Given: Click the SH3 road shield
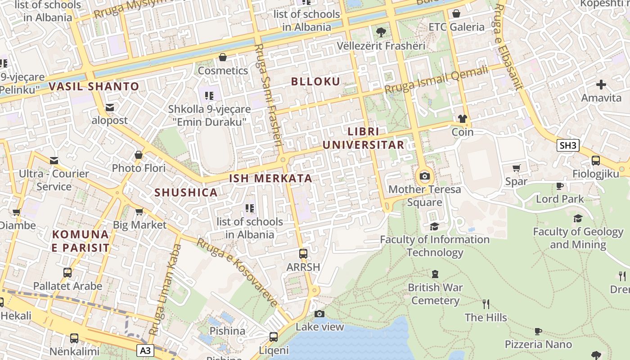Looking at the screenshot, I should [x=567, y=145].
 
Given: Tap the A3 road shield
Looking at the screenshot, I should [x=145, y=350].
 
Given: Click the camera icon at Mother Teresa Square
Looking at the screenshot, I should [x=424, y=176].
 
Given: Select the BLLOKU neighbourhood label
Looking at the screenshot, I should [x=315, y=81].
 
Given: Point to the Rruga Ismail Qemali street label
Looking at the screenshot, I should [x=436, y=80].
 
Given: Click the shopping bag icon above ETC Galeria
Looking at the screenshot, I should [x=456, y=13].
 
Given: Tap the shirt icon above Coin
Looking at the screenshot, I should [x=463, y=119].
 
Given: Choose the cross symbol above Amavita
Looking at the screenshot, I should [x=601, y=85].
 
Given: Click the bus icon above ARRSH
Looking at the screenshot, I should [x=303, y=254].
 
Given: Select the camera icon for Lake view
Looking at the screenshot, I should [x=319, y=314].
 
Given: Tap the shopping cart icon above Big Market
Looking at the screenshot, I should [x=139, y=211].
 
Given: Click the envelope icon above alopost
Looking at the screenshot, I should [x=110, y=108].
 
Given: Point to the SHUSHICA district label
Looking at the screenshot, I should [x=186, y=193].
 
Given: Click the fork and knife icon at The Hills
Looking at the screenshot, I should [x=486, y=304].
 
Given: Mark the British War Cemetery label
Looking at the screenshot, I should [x=435, y=294].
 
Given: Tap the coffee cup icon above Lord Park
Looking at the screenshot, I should [x=560, y=186].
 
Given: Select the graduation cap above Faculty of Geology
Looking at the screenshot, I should [x=578, y=219].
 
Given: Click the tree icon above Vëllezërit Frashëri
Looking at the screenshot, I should [x=381, y=32].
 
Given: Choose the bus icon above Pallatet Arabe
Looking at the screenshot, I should [x=67, y=273].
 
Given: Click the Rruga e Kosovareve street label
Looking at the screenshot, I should [x=237, y=273].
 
